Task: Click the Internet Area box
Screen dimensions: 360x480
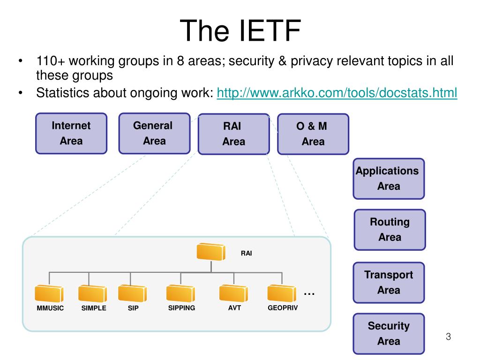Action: click(x=71, y=134)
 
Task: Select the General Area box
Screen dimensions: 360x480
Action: click(x=154, y=134)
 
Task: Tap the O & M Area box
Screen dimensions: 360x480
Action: click(x=313, y=134)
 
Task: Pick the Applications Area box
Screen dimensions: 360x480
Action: click(x=389, y=179)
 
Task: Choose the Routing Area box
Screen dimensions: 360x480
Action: click(x=390, y=230)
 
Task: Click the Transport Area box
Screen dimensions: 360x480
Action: click(x=389, y=283)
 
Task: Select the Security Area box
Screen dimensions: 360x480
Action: click(x=389, y=334)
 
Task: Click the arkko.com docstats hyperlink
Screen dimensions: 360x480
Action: click(x=337, y=93)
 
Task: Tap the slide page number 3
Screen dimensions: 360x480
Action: click(x=448, y=337)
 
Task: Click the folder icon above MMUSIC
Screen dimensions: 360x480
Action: click(x=49, y=293)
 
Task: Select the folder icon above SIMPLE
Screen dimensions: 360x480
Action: click(x=93, y=293)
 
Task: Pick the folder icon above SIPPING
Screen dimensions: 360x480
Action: click(x=180, y=293)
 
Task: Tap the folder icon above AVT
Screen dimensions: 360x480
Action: click(x=233, y=293)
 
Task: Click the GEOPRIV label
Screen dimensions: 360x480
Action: click(x=283, y=308)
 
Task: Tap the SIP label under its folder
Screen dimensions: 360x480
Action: click(x=133, y=308)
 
